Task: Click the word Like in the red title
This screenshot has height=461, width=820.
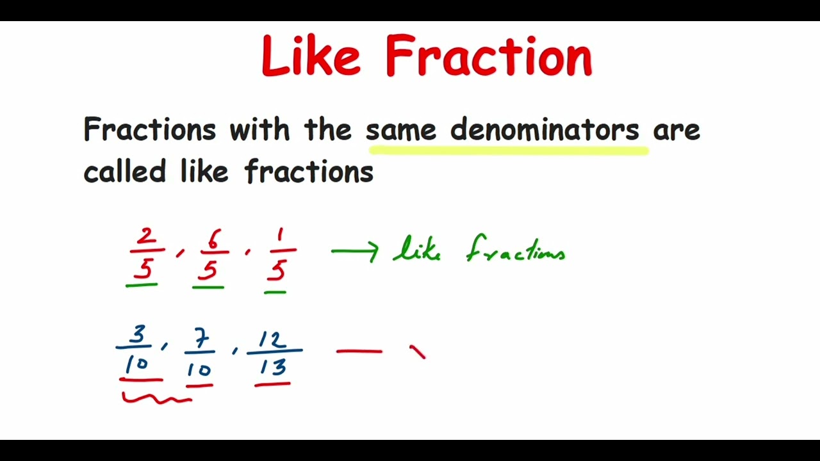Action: point(311,56)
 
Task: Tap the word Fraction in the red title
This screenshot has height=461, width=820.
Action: point(488,56)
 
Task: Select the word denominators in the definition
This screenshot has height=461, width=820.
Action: point(545,130)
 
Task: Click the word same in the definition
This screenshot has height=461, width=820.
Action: point(401,130)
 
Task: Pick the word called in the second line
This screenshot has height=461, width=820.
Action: point(124,172)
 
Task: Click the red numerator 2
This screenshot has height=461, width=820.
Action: point(146,238)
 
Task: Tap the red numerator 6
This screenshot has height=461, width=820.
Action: point(213,240)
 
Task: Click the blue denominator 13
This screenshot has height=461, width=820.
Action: point(274,368)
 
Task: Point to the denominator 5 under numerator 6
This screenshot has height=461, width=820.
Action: point(208,271)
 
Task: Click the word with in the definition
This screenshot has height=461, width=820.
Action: point(259,130)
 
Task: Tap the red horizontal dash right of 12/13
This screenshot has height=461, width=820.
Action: point(359,351)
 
